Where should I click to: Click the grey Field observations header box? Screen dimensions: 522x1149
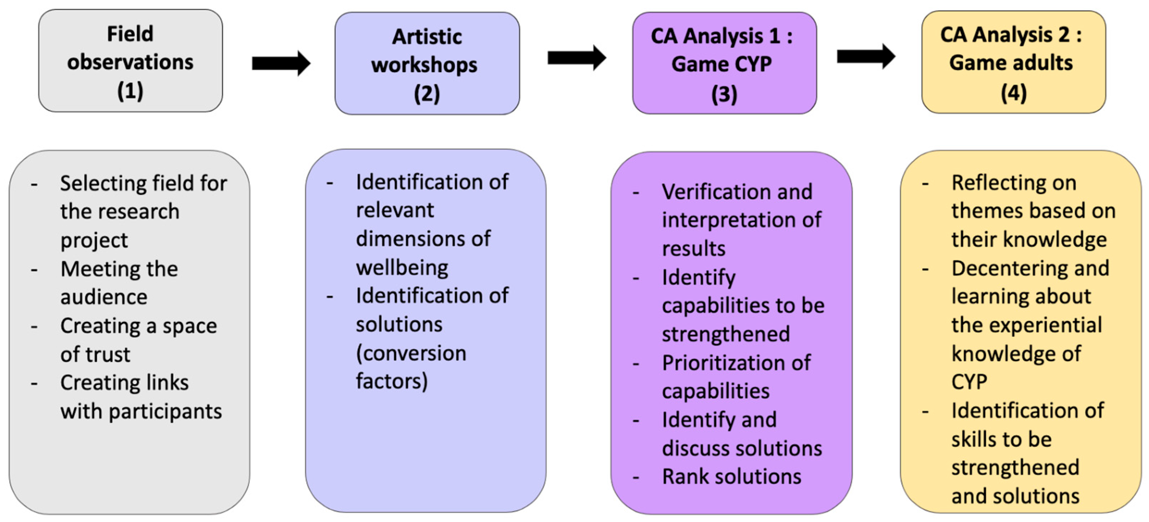[130, 61]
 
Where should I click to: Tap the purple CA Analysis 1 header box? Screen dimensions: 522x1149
[724, 63]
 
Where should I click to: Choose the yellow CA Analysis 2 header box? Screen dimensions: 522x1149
[1013, 62]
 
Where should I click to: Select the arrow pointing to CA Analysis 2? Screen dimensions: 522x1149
[866, 56]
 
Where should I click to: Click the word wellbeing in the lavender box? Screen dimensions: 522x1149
[402, 268]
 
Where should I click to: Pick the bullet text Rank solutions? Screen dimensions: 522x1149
[731, 476]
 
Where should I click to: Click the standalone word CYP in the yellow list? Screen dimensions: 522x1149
[969, 382]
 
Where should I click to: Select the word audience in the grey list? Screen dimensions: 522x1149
[104, 297]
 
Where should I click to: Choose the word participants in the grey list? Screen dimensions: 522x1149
[165, 412]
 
